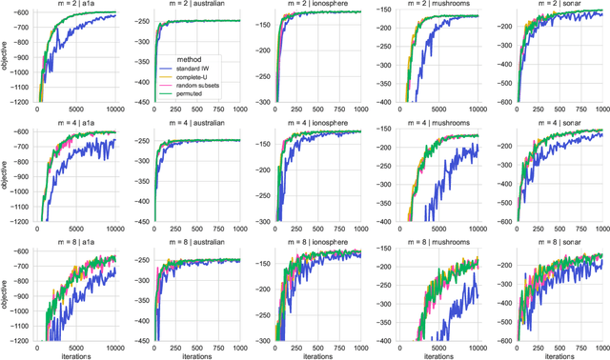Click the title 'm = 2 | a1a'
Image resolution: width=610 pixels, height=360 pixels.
77,5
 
